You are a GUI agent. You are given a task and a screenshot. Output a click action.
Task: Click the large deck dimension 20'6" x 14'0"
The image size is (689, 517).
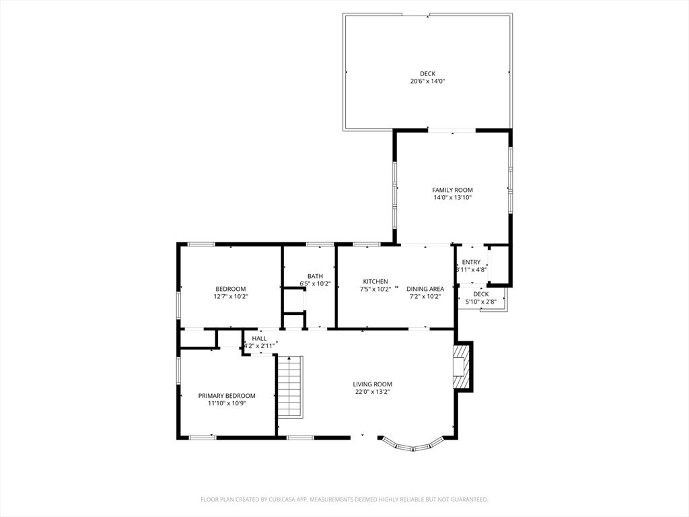pyautogui.click(x=427, y=81)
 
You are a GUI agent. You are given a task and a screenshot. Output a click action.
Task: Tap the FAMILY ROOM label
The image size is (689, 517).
pyautogui.click(x=452, y=190)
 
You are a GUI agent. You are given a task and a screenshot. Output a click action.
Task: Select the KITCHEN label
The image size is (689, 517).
pyautogui.click(x=375, y=281)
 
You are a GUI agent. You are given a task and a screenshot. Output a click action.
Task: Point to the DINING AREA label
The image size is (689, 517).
pyautogui.click(x=425, y=289)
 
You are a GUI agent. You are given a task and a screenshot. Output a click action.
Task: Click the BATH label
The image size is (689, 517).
pyautogui.click(x=315, y=276)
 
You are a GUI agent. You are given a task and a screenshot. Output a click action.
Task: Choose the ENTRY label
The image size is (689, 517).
pyautogui.click(x=471, y=262)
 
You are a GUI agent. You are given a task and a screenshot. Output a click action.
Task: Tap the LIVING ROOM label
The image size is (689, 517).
pyautogui.click(x=373, y=384)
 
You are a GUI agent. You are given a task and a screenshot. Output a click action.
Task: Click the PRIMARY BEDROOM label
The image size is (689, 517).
pyautogui.click(x=227, y=396)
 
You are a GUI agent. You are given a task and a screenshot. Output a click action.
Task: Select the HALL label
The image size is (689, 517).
pyautogui.click(x=259, y=339)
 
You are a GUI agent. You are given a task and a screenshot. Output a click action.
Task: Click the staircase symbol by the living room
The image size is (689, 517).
pyautogui.click(x=290, y=387)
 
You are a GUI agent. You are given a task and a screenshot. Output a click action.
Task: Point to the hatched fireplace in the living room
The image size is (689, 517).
pyautogui.click(x=461, y=366)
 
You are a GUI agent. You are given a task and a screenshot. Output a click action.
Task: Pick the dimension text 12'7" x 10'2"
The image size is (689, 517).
pyautogui.click(x=231, y=297)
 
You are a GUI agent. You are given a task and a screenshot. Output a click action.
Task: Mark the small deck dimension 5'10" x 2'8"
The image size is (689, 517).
pyautogui.click(x=480, y=302)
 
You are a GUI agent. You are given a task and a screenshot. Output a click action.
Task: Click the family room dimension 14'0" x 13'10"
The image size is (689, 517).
pyautogui.click(x=452, y=198)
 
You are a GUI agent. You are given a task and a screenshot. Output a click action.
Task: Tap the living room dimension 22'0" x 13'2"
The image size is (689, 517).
pyautogui.click(x=373, y=392)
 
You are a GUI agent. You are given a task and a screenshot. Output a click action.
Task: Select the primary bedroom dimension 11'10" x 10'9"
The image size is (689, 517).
pyautogui.click(x=227, y=403)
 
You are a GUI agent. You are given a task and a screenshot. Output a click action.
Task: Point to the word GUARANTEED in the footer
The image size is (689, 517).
pyautogui.click(x=471, y=499)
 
